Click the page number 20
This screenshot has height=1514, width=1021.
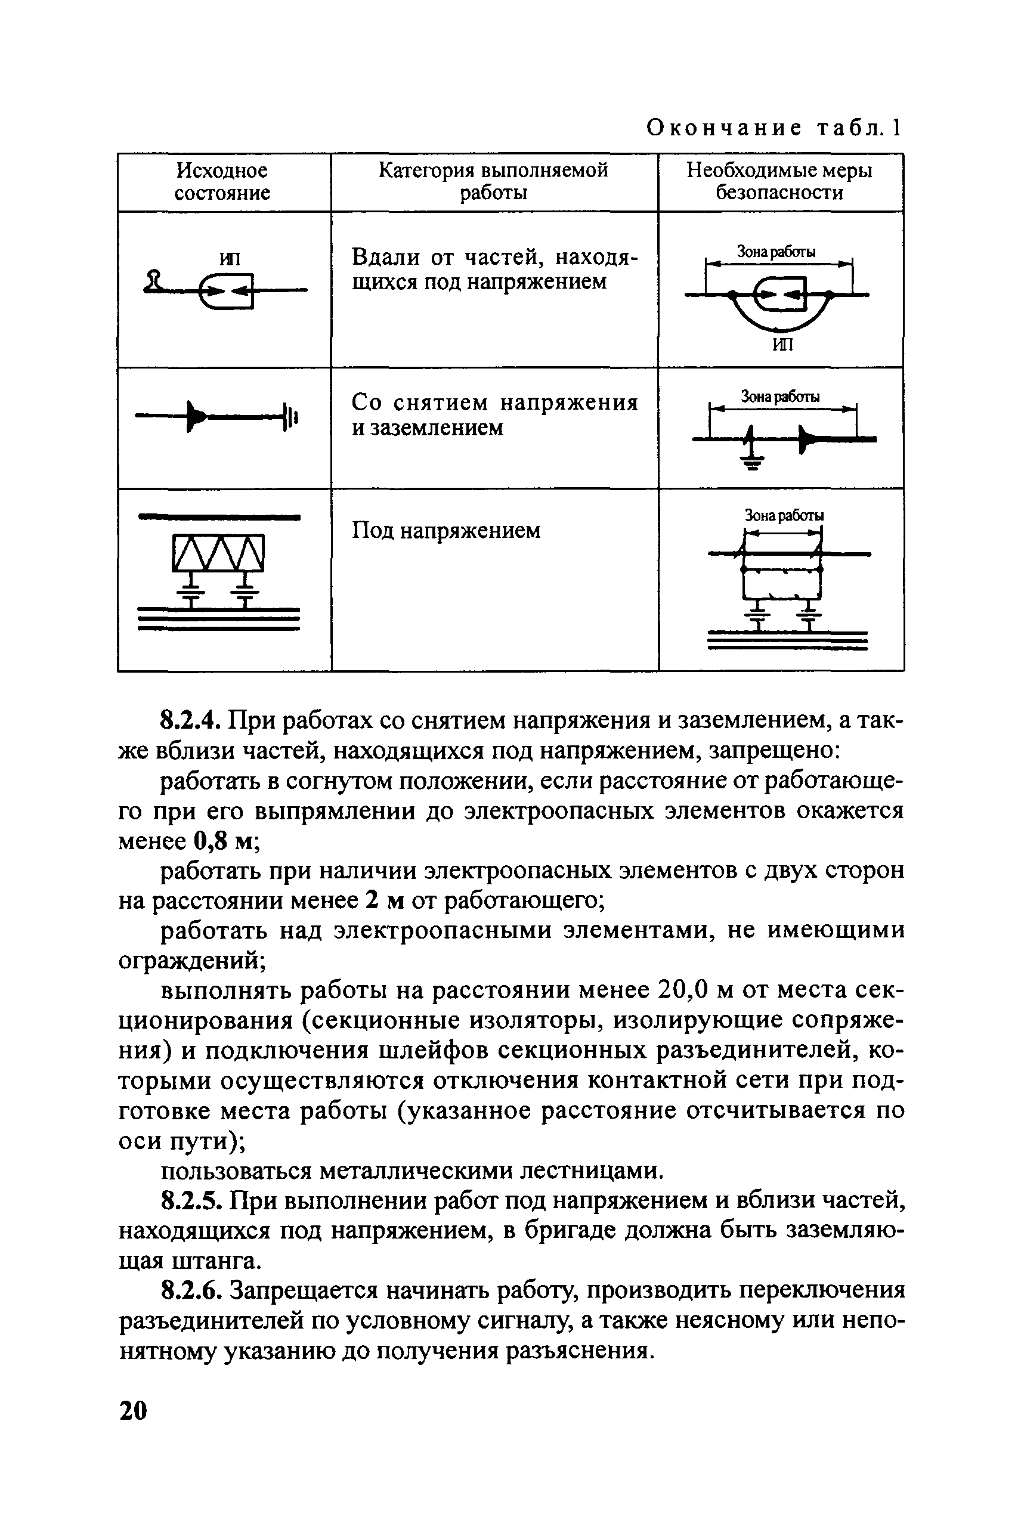(134, 1410)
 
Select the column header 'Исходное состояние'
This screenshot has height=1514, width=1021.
(222, 182)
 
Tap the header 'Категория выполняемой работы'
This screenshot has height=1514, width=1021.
(493, 182)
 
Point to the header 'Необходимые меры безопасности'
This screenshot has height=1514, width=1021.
(779, 182)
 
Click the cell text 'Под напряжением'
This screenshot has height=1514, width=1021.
(446, 531)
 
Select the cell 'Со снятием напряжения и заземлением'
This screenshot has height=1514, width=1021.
(494, 415)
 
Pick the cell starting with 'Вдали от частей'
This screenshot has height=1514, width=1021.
(494, 270)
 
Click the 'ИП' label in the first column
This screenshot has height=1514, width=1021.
(230, 259)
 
